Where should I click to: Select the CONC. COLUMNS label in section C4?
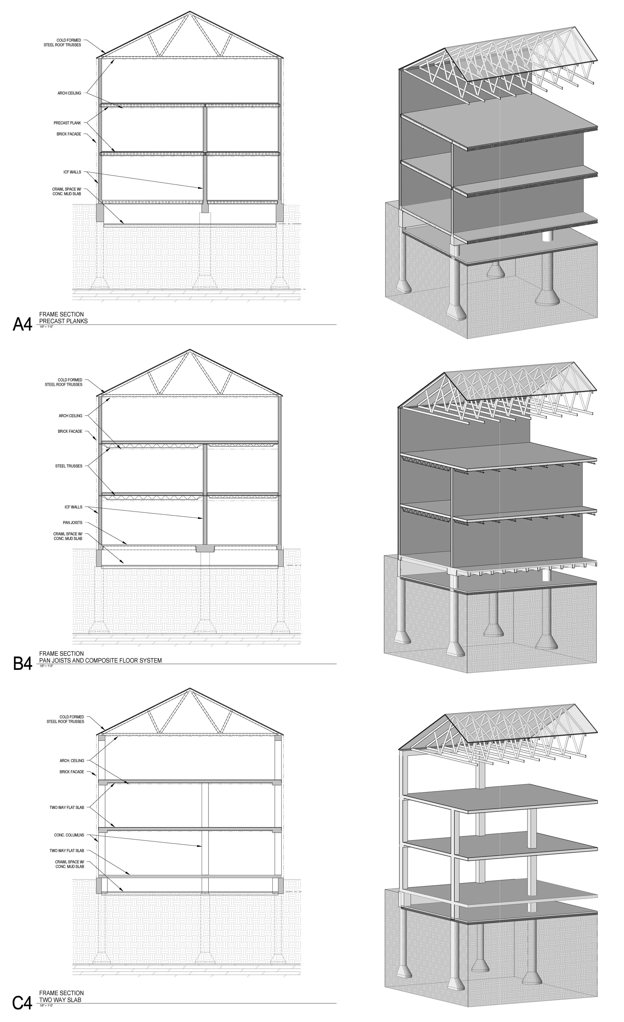pyautogui.click(x=69, y=835)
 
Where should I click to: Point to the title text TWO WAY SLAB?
pyautogui.click(x=60, y=1000)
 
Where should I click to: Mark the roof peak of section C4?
pyautogui.click(x=190, y=689)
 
